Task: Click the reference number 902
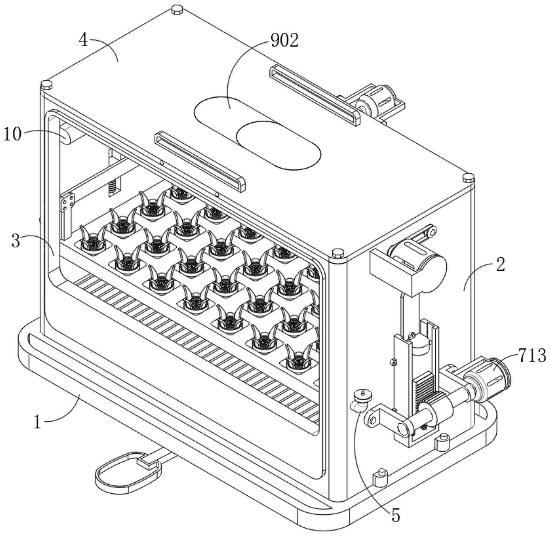(284, 41)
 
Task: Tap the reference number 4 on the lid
(83, 41)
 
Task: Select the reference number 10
(12, 134)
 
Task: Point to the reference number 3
(16, 241)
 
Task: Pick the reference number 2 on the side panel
(500, 264)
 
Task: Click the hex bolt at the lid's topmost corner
(177, 10)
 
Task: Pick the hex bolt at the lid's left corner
(46, 85)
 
